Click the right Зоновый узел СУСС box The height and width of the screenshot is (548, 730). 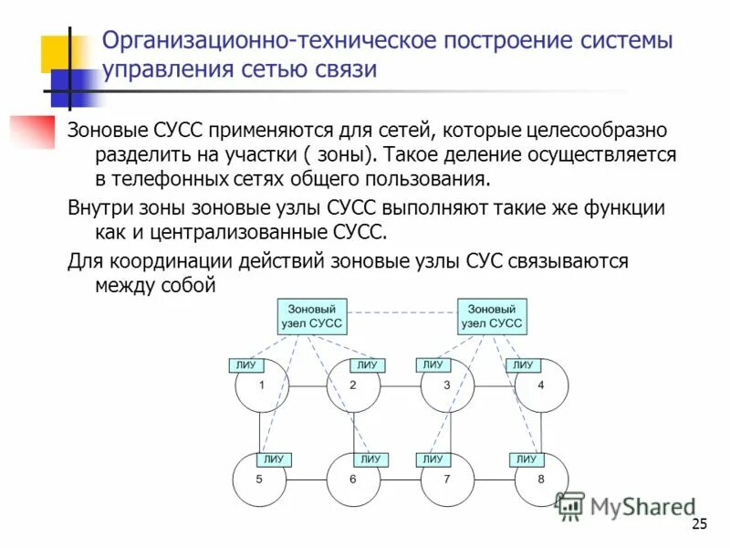[x=492, y=316]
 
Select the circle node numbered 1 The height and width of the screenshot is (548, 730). [x=261, y=387]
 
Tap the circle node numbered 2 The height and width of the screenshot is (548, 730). [x=353, y=387]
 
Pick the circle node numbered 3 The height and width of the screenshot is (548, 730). [x=447, y=387]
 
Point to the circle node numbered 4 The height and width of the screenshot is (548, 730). [x=541, y=387]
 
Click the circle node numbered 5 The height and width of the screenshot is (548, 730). [x=259, y=479]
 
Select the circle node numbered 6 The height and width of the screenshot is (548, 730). [x=353, y=479]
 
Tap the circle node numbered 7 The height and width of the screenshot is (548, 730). [x=447, y=479]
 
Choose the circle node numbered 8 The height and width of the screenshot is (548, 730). [x=541, y=479]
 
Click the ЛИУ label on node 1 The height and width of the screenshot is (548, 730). [x=245, y=365]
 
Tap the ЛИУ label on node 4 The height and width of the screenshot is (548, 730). [x=523, y=365]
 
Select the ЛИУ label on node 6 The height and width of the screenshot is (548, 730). [x=370, y=458]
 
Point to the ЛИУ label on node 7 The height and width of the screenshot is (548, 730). [x=432, y=458]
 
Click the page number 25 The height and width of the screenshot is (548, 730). [x=700, y=523]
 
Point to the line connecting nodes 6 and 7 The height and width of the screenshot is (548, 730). [x=401, y=479]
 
